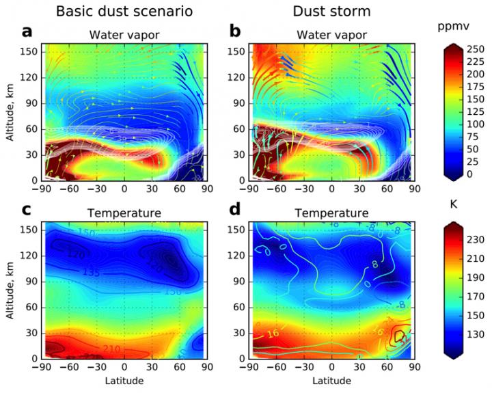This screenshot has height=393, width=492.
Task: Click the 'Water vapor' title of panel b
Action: (332, 35)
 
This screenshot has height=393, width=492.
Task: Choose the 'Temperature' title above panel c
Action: (124, 213)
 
